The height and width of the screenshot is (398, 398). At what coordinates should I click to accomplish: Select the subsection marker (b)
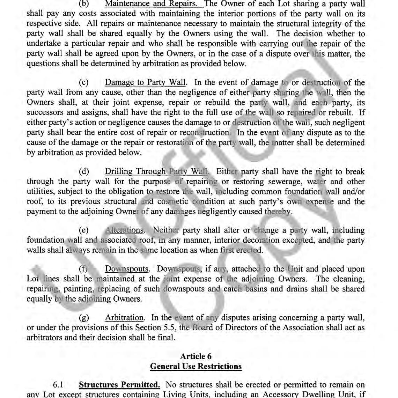[x=84, y=4]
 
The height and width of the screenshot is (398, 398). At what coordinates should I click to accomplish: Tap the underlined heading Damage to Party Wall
[x=145, y=82]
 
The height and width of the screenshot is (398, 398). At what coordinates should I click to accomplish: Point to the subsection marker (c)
[x=84, y=82]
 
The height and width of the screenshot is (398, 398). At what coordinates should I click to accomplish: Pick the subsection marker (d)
[x=84, y=171]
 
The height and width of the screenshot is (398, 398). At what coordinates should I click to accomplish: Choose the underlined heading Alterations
[x=124, y=230]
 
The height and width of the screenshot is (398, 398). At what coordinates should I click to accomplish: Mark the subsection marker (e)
[x=84, y=230]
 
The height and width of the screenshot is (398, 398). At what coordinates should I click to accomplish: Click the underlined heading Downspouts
[x=127, y=269]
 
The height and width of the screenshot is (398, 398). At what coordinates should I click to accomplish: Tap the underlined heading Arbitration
[x=124, y=318]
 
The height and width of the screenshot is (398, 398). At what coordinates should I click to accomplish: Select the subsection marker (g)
[x=84, y=318]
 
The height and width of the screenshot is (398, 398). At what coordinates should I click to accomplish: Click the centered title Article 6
[x=196, y=356]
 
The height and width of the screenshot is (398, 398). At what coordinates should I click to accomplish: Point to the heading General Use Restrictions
[x=196, y=366]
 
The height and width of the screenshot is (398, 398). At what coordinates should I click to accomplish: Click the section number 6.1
[x=58, y=385]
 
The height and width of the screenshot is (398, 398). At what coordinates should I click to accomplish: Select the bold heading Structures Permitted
[x=119, y=385]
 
